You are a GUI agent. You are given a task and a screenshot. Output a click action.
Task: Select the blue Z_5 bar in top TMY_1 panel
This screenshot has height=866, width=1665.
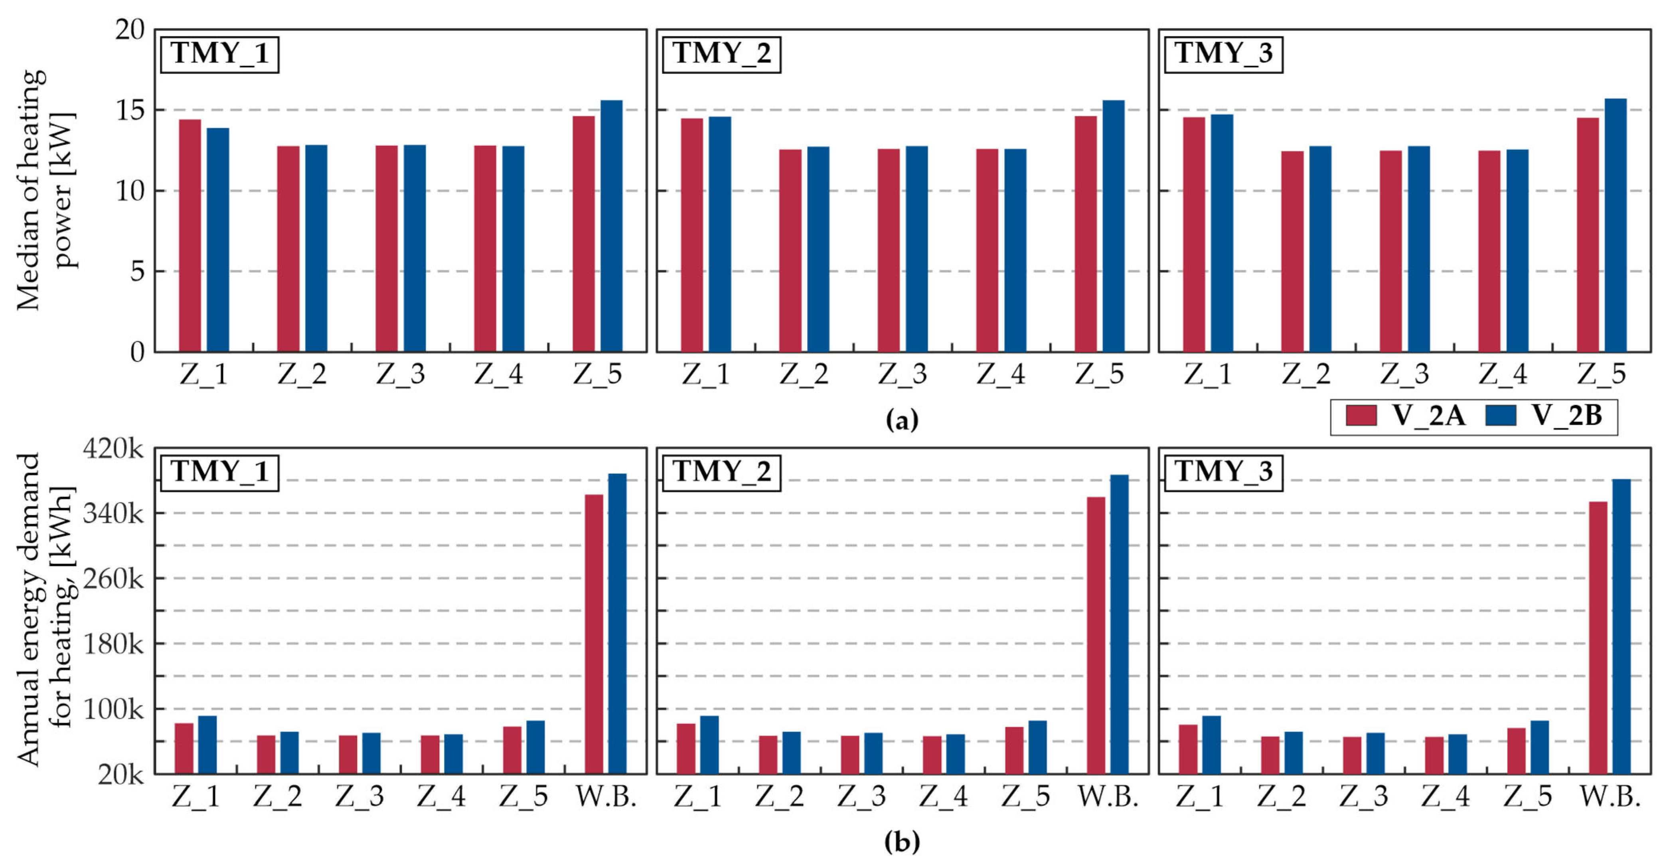click(611, 226)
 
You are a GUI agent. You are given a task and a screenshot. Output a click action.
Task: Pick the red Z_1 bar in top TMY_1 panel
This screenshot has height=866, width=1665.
click(190, 236)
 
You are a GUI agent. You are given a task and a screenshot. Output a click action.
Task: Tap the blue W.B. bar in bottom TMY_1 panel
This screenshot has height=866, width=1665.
click(617, 624)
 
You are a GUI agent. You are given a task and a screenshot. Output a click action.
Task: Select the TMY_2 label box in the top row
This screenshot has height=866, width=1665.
click(721, 54)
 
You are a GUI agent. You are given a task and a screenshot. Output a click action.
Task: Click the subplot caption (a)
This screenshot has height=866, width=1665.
click(902, 420)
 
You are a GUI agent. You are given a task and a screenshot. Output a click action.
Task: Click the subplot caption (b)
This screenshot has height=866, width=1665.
click(902, 842)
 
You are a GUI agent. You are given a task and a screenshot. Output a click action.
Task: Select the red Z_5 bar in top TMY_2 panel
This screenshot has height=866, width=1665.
click(1086, 234)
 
